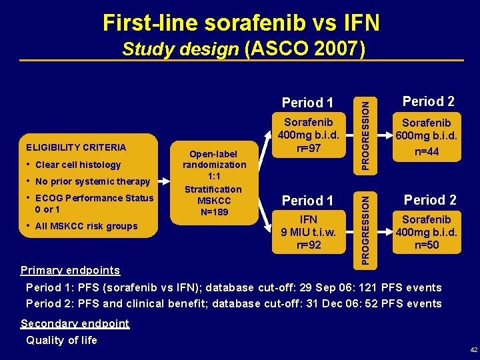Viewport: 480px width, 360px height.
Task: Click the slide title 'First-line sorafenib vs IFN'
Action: (x=241, y=22)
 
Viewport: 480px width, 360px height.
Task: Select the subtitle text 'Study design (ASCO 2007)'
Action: (x=241, y=50)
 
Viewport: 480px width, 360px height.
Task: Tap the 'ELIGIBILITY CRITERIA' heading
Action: (x=75, y=147)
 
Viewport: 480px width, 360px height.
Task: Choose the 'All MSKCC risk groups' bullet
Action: (x=85, y=226)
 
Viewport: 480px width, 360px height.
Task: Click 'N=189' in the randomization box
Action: (x=214, y=213)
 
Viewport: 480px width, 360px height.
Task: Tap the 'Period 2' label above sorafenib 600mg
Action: (x=429, y=101)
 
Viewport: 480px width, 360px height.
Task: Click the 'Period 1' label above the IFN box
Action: (x=308, y=201)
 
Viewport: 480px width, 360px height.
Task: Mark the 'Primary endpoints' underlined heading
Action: (x=70, y=270)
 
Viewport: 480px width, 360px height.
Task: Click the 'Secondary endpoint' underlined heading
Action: (x=75, y=323)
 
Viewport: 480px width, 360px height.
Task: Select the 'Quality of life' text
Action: (x=61, y=340)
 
